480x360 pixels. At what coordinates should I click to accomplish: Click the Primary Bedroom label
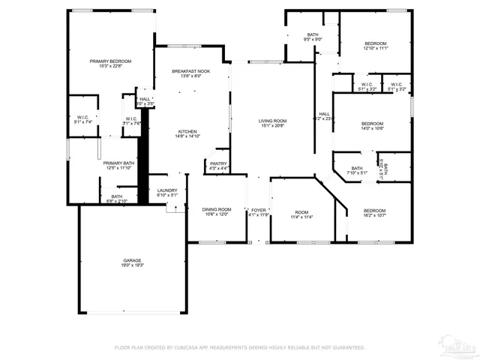pos(111,61)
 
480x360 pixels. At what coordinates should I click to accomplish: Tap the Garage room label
pos(133,260)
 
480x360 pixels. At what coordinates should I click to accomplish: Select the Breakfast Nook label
pos(190,70)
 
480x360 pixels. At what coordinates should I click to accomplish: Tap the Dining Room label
pos(215,209)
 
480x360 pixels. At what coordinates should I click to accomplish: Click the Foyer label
pos(258,209)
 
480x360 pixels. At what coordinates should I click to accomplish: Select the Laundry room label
pos(167,190)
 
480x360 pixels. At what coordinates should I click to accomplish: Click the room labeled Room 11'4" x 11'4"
pos(301,211)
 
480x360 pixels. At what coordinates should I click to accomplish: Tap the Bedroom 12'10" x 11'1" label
pos(376,44)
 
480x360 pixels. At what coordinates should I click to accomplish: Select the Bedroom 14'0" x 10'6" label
pos(372,124)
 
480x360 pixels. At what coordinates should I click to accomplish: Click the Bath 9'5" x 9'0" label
pos(312,34)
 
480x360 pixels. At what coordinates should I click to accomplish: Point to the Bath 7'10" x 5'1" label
pos(357,168)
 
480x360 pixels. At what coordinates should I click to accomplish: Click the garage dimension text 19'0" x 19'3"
pos(133,265)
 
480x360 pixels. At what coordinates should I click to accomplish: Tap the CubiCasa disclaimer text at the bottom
pos(239,347)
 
